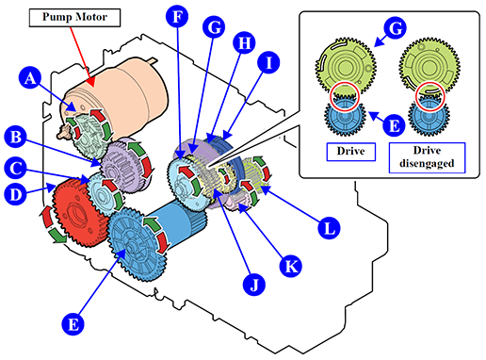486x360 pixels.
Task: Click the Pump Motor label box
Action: click(74, 18)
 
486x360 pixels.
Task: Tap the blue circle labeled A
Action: click(30, 78)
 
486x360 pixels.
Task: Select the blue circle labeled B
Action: click(16, 138)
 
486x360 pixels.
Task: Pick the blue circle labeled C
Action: click(16, 168)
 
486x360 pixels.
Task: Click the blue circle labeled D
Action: click(16, 194)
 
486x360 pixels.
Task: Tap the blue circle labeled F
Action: click(177, 17)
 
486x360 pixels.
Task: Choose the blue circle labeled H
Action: click(244, 42)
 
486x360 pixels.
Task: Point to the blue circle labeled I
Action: click(268, 63)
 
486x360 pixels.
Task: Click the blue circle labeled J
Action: click(254, 285)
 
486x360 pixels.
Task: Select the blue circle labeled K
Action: click(291, 266)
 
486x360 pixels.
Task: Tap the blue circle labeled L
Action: click(329, 228)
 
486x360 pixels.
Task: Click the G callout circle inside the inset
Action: click(396, 28)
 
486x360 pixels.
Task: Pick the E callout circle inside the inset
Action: click(394, 125)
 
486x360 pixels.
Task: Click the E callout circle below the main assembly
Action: click(73, 324)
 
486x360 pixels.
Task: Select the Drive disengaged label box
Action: click(427, 157)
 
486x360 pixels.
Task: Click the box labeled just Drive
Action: click(351, 152)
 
